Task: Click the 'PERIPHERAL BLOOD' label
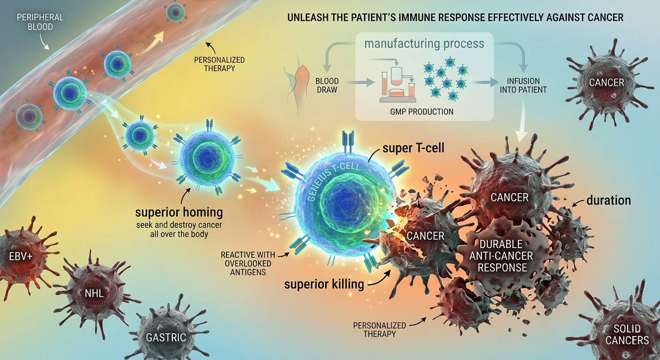pos(40,22)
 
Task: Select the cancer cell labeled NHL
pos(95,293)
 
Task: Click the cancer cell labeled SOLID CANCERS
pos(626,334)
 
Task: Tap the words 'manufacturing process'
pos(424,44)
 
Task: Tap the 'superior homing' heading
pos(179,212)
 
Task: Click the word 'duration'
pos(608,201)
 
